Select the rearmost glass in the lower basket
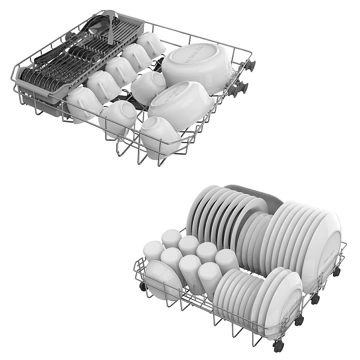171,238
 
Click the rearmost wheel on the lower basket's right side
336,271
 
